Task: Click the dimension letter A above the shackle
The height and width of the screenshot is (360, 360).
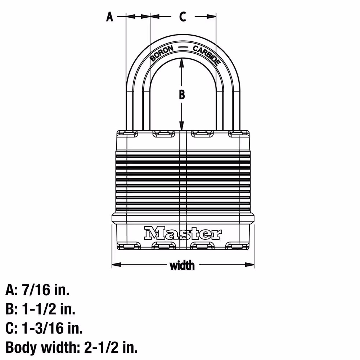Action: point(110,17)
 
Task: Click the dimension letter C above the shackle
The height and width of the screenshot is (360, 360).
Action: point(183,17)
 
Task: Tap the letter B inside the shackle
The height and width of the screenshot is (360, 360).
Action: point(182,95)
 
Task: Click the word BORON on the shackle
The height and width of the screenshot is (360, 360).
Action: point(162,53)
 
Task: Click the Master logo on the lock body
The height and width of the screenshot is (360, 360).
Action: point(183,233)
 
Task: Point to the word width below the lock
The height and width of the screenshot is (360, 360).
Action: point(182,265)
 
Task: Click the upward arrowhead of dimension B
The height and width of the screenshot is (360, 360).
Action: point(181,62)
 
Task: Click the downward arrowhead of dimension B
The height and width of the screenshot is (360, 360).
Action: point(181,126)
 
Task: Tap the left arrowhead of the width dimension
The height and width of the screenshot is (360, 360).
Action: point(116,265)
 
